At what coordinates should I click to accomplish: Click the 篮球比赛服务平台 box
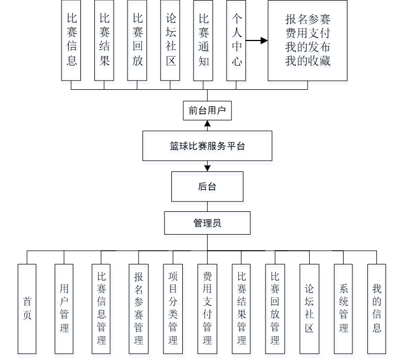click(x=207, y=146)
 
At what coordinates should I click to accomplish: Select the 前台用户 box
click(x=207, y=110)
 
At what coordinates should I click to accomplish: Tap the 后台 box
click(x=207, y=186)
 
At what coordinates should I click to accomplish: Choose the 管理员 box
click(x=207, y=223)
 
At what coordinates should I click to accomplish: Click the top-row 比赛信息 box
click(x=71, y=40)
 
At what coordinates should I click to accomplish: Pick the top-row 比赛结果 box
click(x=105, y=40)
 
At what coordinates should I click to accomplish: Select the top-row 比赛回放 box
click(x=137, y=40)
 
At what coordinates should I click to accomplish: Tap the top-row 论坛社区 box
click(x=171, y=40)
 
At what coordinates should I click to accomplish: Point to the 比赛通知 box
click(x=203, y=40)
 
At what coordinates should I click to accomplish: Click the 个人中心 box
click(x=237, y=40)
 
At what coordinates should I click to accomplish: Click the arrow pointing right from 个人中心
click(x=257, y=40)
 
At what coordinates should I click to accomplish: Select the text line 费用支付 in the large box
click(x=308, y=33)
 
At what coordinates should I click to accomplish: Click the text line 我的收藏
click(x=308, y=61)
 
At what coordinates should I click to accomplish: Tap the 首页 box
click(x=27, y=308)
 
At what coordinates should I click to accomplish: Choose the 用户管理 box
click(x=64, y=308)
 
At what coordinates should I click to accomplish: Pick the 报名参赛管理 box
click(x=139, y=308)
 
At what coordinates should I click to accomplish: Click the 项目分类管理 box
click(x=173, y=308)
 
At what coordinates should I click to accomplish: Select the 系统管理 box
click(x=343, y=308)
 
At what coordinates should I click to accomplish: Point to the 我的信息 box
click(x=377, y=308)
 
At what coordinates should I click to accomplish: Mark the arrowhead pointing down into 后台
click(x=207, y=168)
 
